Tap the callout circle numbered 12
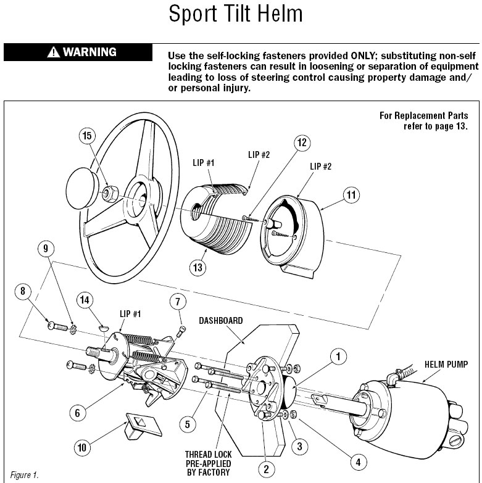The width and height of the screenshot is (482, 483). (x=301, y=144)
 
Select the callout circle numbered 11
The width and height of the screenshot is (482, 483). (x=351, y=196)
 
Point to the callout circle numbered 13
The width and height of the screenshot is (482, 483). (x=199, y=267)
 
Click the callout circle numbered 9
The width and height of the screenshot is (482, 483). (x=48, y=249)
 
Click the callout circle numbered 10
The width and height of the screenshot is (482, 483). (x=81, y=447)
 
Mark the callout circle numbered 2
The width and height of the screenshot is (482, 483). (x=266, y=469)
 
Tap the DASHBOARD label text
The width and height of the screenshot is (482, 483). (x=220, y=321)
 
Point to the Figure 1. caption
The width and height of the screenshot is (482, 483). (x=24, y=475)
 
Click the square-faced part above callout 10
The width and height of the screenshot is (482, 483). (x=139, y=425)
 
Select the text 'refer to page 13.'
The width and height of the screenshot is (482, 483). (x=428, y=126)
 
